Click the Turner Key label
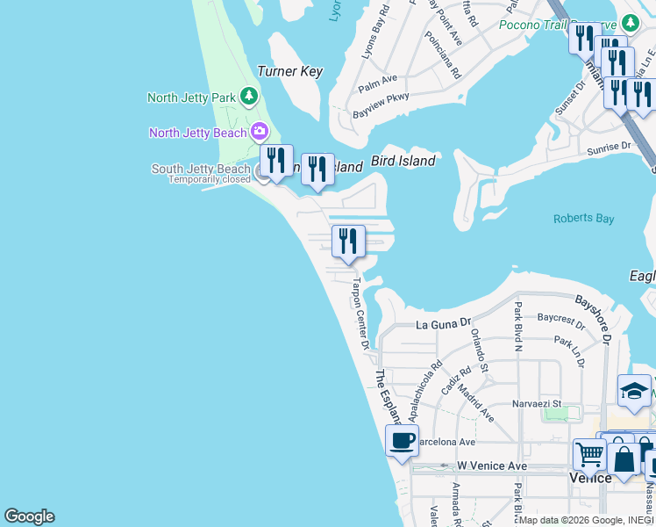pyautogui.click(x=289, y=72)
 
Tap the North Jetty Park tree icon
pyautogui.click(x=249, y=95)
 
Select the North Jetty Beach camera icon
pyautogui.click(x=259, y=133)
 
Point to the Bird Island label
pyautogui.click(x=403, y=161)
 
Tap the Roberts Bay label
pyautogui.click(x=583, y=219)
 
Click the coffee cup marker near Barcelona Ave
pyautogui.click(x=402, y=441)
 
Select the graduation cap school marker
pyautogui.click(x=633, y=391)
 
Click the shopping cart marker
pyautogui.click(x=589, y=454)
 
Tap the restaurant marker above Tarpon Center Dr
pyautogui.click(x=348, y=241)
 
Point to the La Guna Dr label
pyautogui.click(x=444, y=324)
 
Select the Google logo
pyautogui.click(x=29, y=516)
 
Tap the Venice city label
pyautogui.click(x=590, y=478)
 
